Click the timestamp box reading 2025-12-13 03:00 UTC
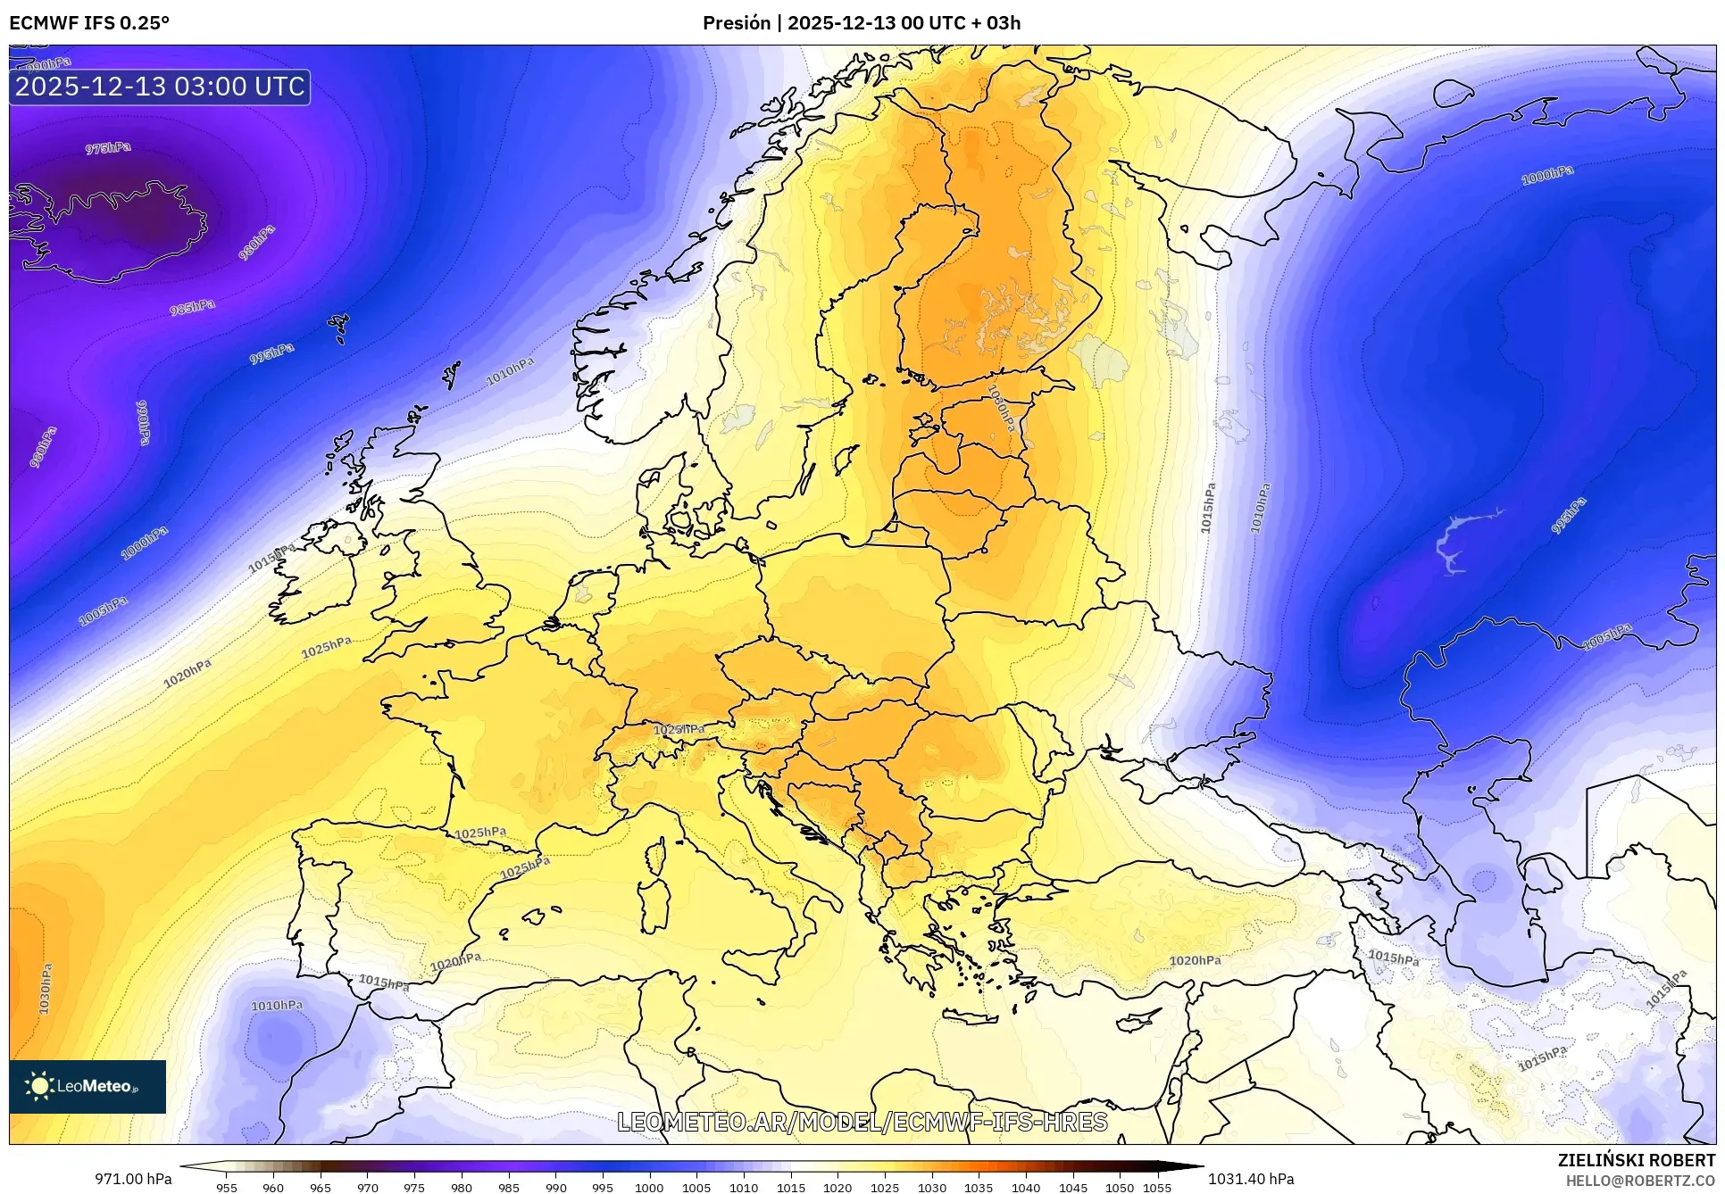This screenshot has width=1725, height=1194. [x=160, y=87]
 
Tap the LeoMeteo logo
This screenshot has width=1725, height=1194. [x=87, y=1086]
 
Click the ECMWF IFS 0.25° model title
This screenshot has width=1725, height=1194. [x=89, y=23]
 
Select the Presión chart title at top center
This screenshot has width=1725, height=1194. [x=861, y=23]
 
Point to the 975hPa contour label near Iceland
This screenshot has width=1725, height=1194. [x=108, y=148]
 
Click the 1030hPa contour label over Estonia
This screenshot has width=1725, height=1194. [x=1001, y=408]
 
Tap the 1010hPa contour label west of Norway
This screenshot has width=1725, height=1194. [x=510, y=371]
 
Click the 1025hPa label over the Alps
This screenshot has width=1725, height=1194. [x=679, y=729]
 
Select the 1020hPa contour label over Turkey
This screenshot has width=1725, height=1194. [x=1195, y=960]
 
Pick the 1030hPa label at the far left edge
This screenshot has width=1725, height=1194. [x=45, y=988]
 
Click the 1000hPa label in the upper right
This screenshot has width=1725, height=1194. [x=1547, y=175]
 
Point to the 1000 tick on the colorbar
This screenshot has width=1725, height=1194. [x=649, y=1187]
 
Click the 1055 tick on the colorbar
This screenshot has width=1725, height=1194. [x=1157, y=1187]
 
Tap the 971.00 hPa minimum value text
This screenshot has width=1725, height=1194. [x=133, y=1179]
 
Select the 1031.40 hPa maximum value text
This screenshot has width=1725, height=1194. [x=1250, y=1179]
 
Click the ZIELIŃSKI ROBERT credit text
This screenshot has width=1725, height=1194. [x=1636, y=1160]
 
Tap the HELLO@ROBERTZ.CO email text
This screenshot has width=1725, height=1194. [x=1640, y=1181]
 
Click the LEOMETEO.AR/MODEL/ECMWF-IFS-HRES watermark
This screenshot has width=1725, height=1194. [x=862, y=1122]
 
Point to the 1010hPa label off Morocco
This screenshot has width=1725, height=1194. [x=277, y=1006]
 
